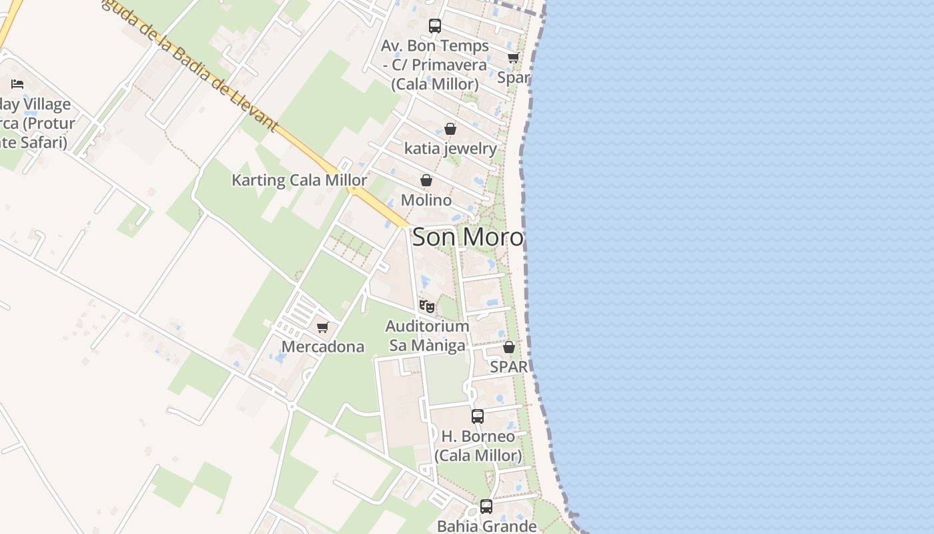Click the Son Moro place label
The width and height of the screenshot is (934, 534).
click(468, 237)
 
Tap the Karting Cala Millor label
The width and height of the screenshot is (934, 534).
click(299, 180)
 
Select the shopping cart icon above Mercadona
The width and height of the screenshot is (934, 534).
click(323, 327)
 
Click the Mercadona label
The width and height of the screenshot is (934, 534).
click(323, 346)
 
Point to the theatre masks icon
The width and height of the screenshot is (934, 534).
click(427, 306)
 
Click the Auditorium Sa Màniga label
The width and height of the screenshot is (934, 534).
click(428, 336)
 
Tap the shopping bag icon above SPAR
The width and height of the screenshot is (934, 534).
click(509, 347)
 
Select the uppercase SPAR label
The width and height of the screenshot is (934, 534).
click(509, 366)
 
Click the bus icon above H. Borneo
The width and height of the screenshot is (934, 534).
click(478, 417)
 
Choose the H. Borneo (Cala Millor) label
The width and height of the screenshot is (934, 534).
click(478, 446)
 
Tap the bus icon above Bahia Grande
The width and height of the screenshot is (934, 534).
click(486, 507)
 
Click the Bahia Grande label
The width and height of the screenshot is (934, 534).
click(486, 525)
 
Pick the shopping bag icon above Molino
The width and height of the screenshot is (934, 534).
click(426, 180)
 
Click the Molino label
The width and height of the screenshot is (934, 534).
click(426, 200)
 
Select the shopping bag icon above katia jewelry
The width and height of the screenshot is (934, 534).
click(450, 129)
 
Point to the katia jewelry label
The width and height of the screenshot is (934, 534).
click(450, 148)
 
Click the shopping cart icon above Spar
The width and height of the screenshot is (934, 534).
click(513, 58)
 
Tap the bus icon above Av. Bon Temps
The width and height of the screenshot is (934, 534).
click(435, 26)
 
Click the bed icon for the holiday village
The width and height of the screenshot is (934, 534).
click(17, 84)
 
